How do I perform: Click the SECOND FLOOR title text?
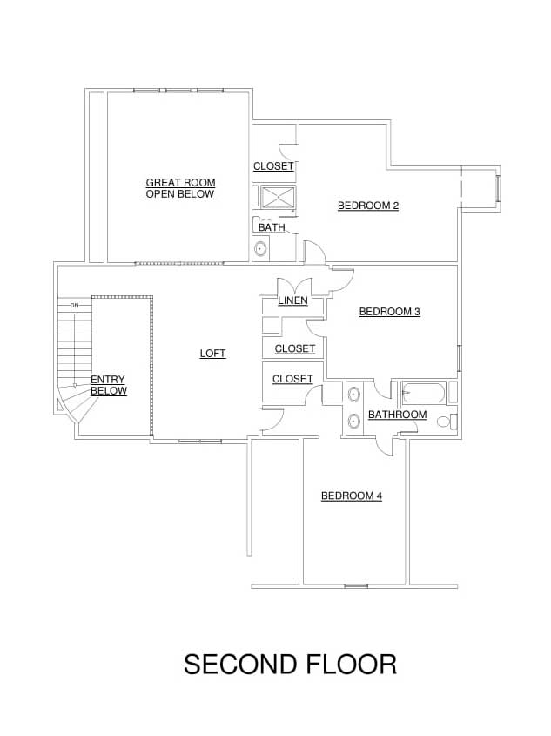290,665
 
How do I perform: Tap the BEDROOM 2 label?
368,206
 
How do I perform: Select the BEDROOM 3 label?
390,312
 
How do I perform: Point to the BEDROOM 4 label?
352,496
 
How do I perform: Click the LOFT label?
213,354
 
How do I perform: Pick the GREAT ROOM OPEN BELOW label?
180,188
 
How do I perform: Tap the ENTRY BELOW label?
109,385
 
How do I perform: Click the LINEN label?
293,300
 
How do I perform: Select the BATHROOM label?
398,415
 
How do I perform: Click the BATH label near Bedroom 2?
272,227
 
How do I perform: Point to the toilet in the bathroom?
447,421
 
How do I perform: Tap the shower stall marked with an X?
278,197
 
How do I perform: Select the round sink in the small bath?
260,248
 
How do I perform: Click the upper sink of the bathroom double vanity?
353,395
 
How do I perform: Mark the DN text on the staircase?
75,306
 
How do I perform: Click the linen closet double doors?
294,287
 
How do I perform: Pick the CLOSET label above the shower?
273,166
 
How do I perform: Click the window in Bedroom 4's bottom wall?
356,586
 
